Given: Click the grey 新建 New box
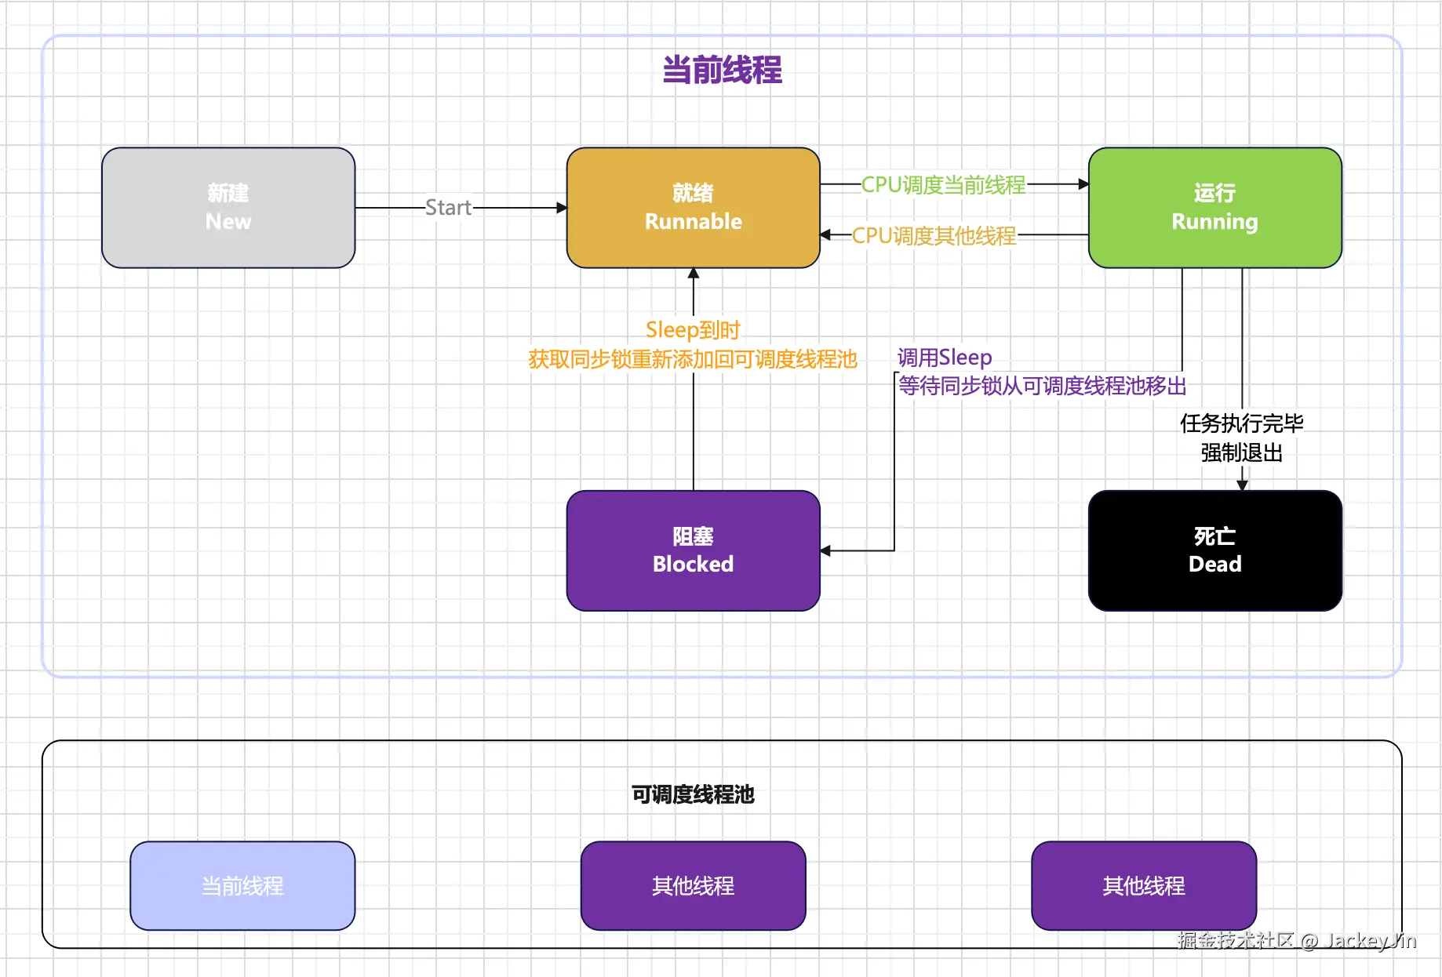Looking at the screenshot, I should [x=228, y=208].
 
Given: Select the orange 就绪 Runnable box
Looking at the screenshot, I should [x=693, y=208].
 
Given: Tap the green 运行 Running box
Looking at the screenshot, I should [x=1214, y=208].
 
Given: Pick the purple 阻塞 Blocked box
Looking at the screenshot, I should [x=693, y=550].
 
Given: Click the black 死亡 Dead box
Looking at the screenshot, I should [x=1214, y=550].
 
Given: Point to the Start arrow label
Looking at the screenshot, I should [x=448, y=208].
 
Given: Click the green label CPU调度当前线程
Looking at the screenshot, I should [x=943, y=185].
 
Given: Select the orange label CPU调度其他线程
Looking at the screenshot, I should [x=934, y=235].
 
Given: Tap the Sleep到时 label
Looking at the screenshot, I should [x=693, y=329].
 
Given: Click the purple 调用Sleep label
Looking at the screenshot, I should [x=945, y=358].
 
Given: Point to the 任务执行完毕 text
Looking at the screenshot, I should [x=1241, y=423].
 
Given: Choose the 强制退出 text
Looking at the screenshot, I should [x=1241, y=452].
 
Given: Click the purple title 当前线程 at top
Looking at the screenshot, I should [x=722, y=70].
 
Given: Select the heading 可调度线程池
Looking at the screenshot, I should [x=693, y=794].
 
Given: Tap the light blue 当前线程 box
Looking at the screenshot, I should [x=242, y=886].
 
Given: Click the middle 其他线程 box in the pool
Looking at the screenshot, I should [x=693, y=886].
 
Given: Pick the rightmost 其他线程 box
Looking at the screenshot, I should [x=1143, y=886].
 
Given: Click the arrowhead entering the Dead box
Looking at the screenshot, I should [x=1242, y=485].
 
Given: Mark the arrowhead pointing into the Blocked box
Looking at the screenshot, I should [x=826, y=550].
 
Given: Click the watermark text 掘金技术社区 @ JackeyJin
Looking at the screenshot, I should [x=1296, y=940].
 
